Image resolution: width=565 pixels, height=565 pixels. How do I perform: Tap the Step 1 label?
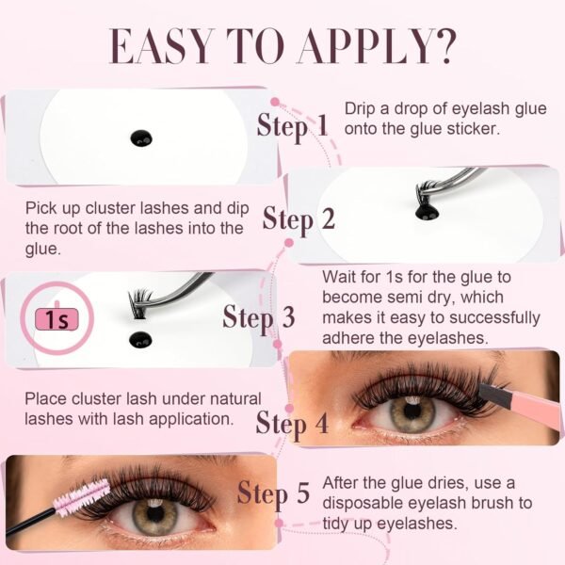(x=293, y=125)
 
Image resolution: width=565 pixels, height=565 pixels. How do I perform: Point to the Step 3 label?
(x=259, y=317)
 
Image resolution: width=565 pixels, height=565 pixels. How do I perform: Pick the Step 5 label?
(x=273, y=492)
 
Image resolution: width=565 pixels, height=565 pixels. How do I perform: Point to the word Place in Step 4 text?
(x=45, y=399)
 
